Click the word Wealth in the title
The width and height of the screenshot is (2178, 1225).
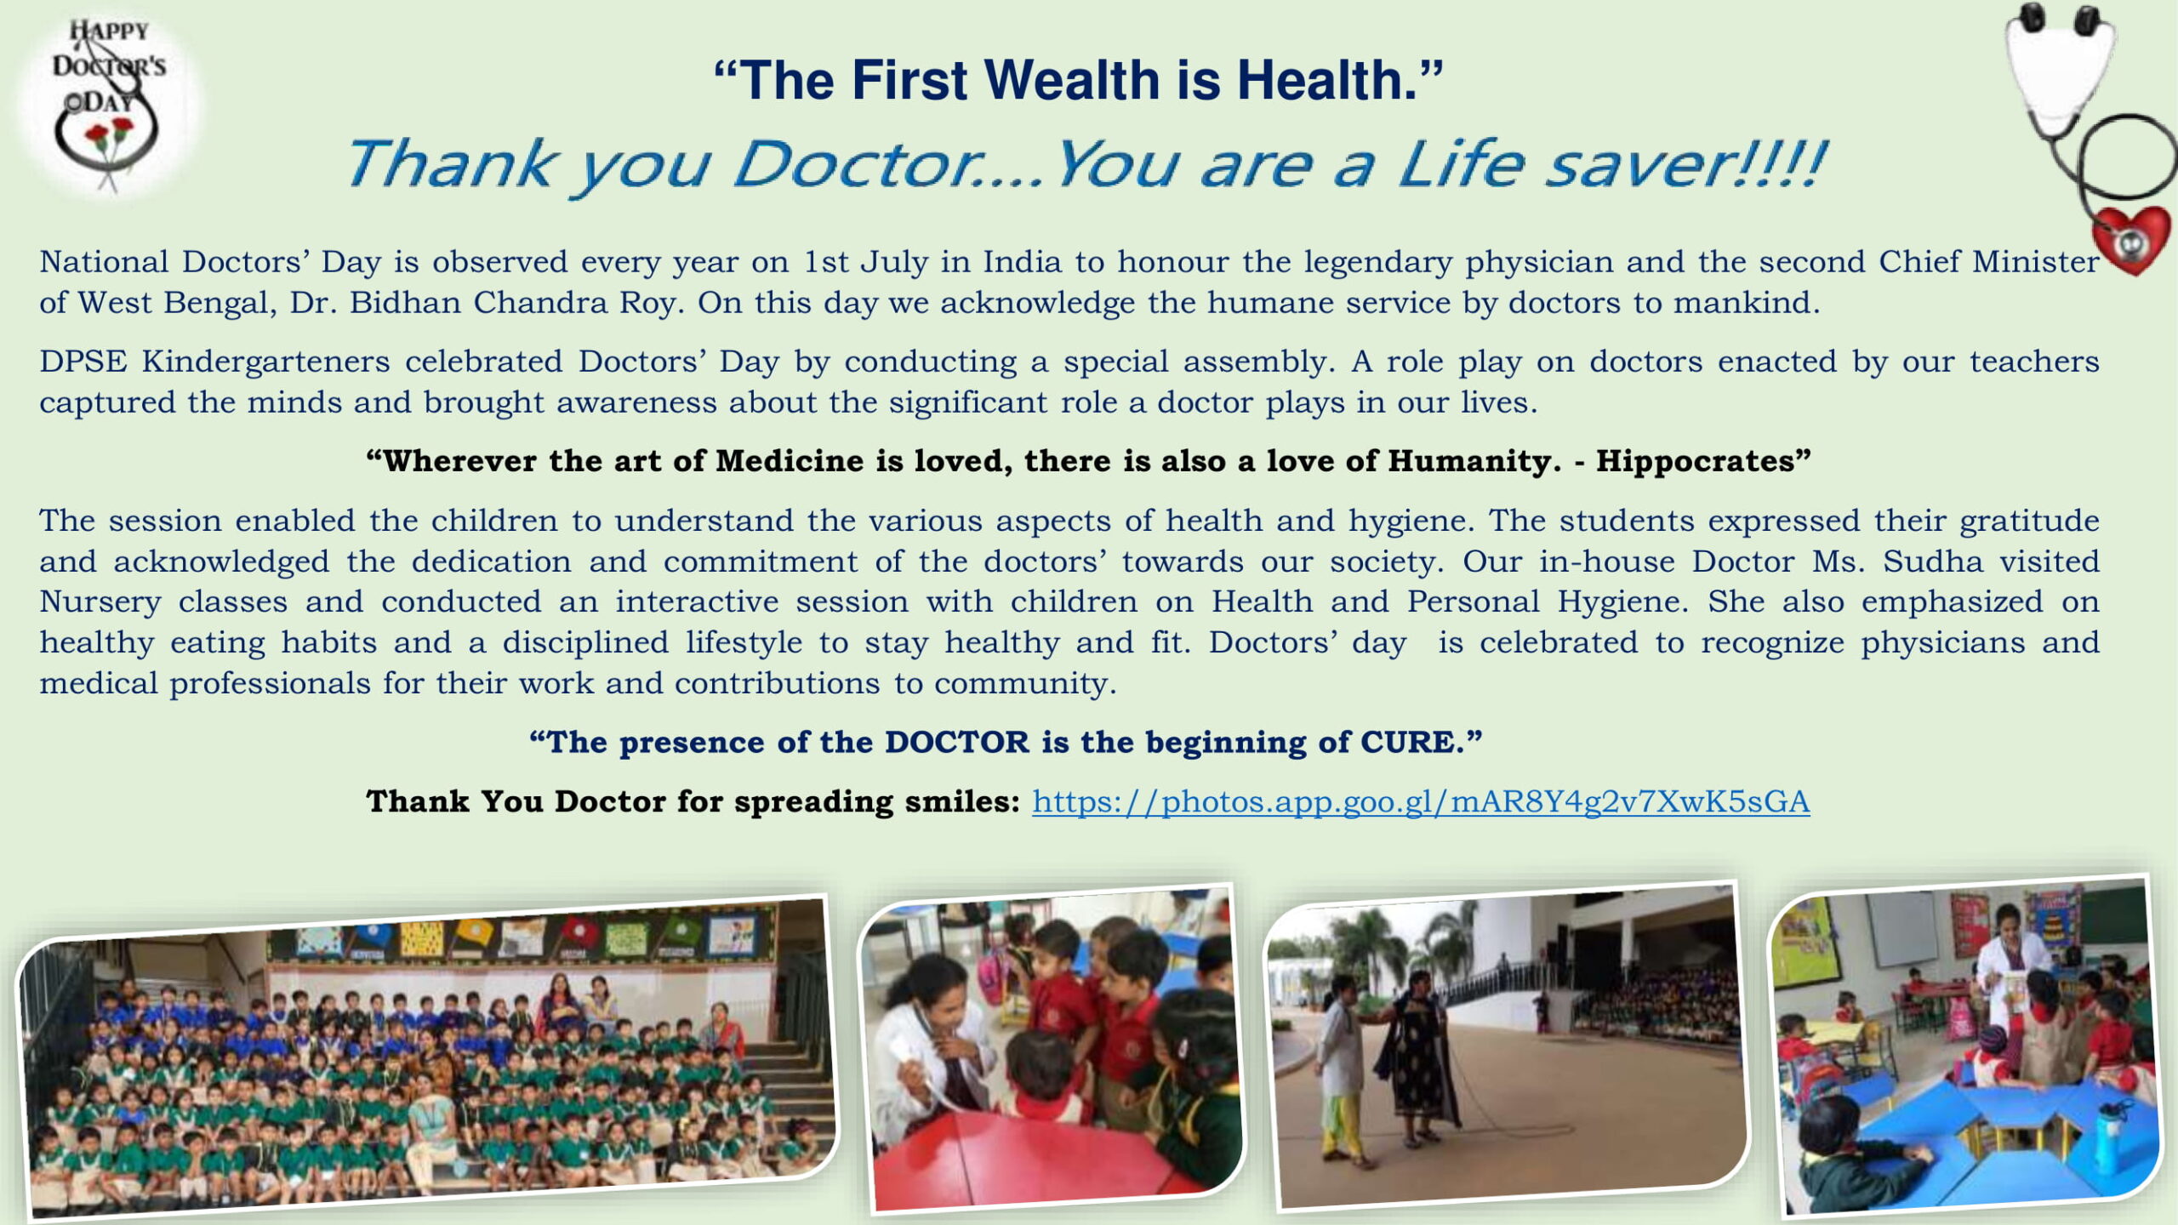(x=1072, y=80)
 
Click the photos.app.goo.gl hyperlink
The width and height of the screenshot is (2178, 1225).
(x=1421, y=801)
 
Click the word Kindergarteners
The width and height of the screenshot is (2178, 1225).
(x=265, y=362)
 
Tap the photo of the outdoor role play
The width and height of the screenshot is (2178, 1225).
(x=1507, y=1046)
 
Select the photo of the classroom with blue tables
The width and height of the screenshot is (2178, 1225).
(x=1965, y=1046)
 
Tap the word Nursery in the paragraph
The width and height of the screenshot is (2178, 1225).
(x=100, y=603)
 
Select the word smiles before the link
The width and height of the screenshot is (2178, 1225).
(x=961, y=801)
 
